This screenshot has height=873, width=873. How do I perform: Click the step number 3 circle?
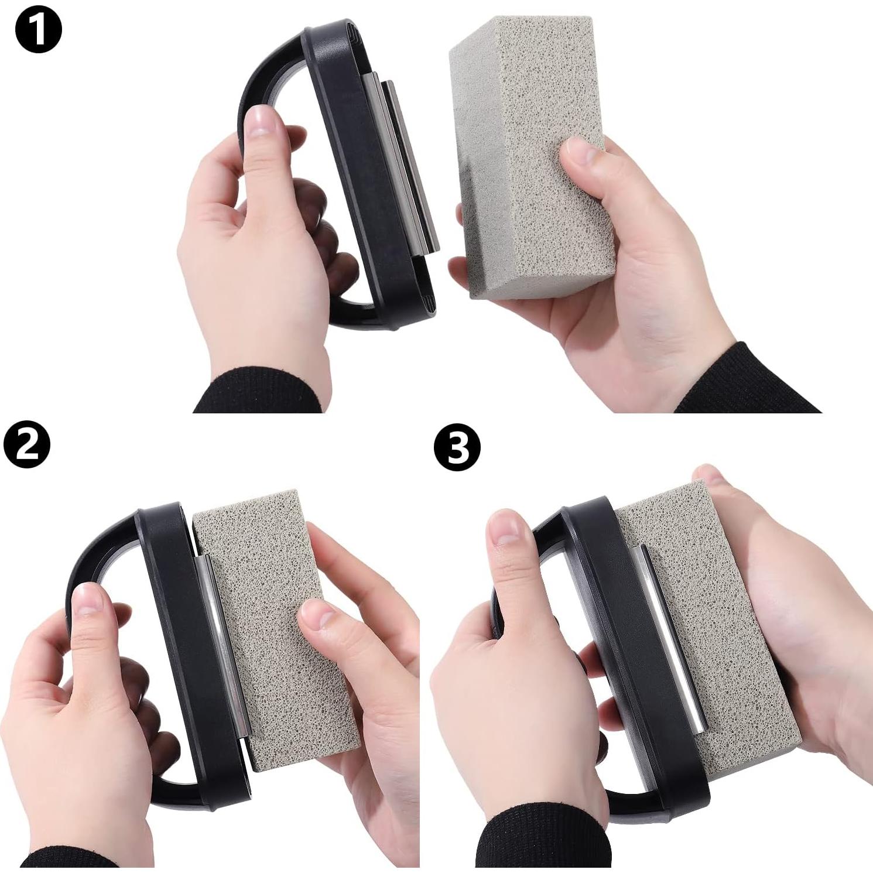tap(457, 448)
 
